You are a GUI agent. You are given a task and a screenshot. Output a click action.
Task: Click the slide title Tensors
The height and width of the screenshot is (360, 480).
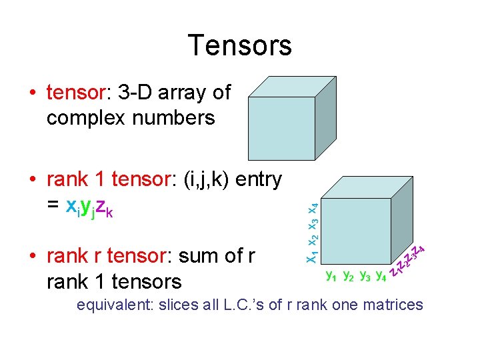click(240, 45)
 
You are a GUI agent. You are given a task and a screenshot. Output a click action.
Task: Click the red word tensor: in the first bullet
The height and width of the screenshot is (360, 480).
click(73, 93)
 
